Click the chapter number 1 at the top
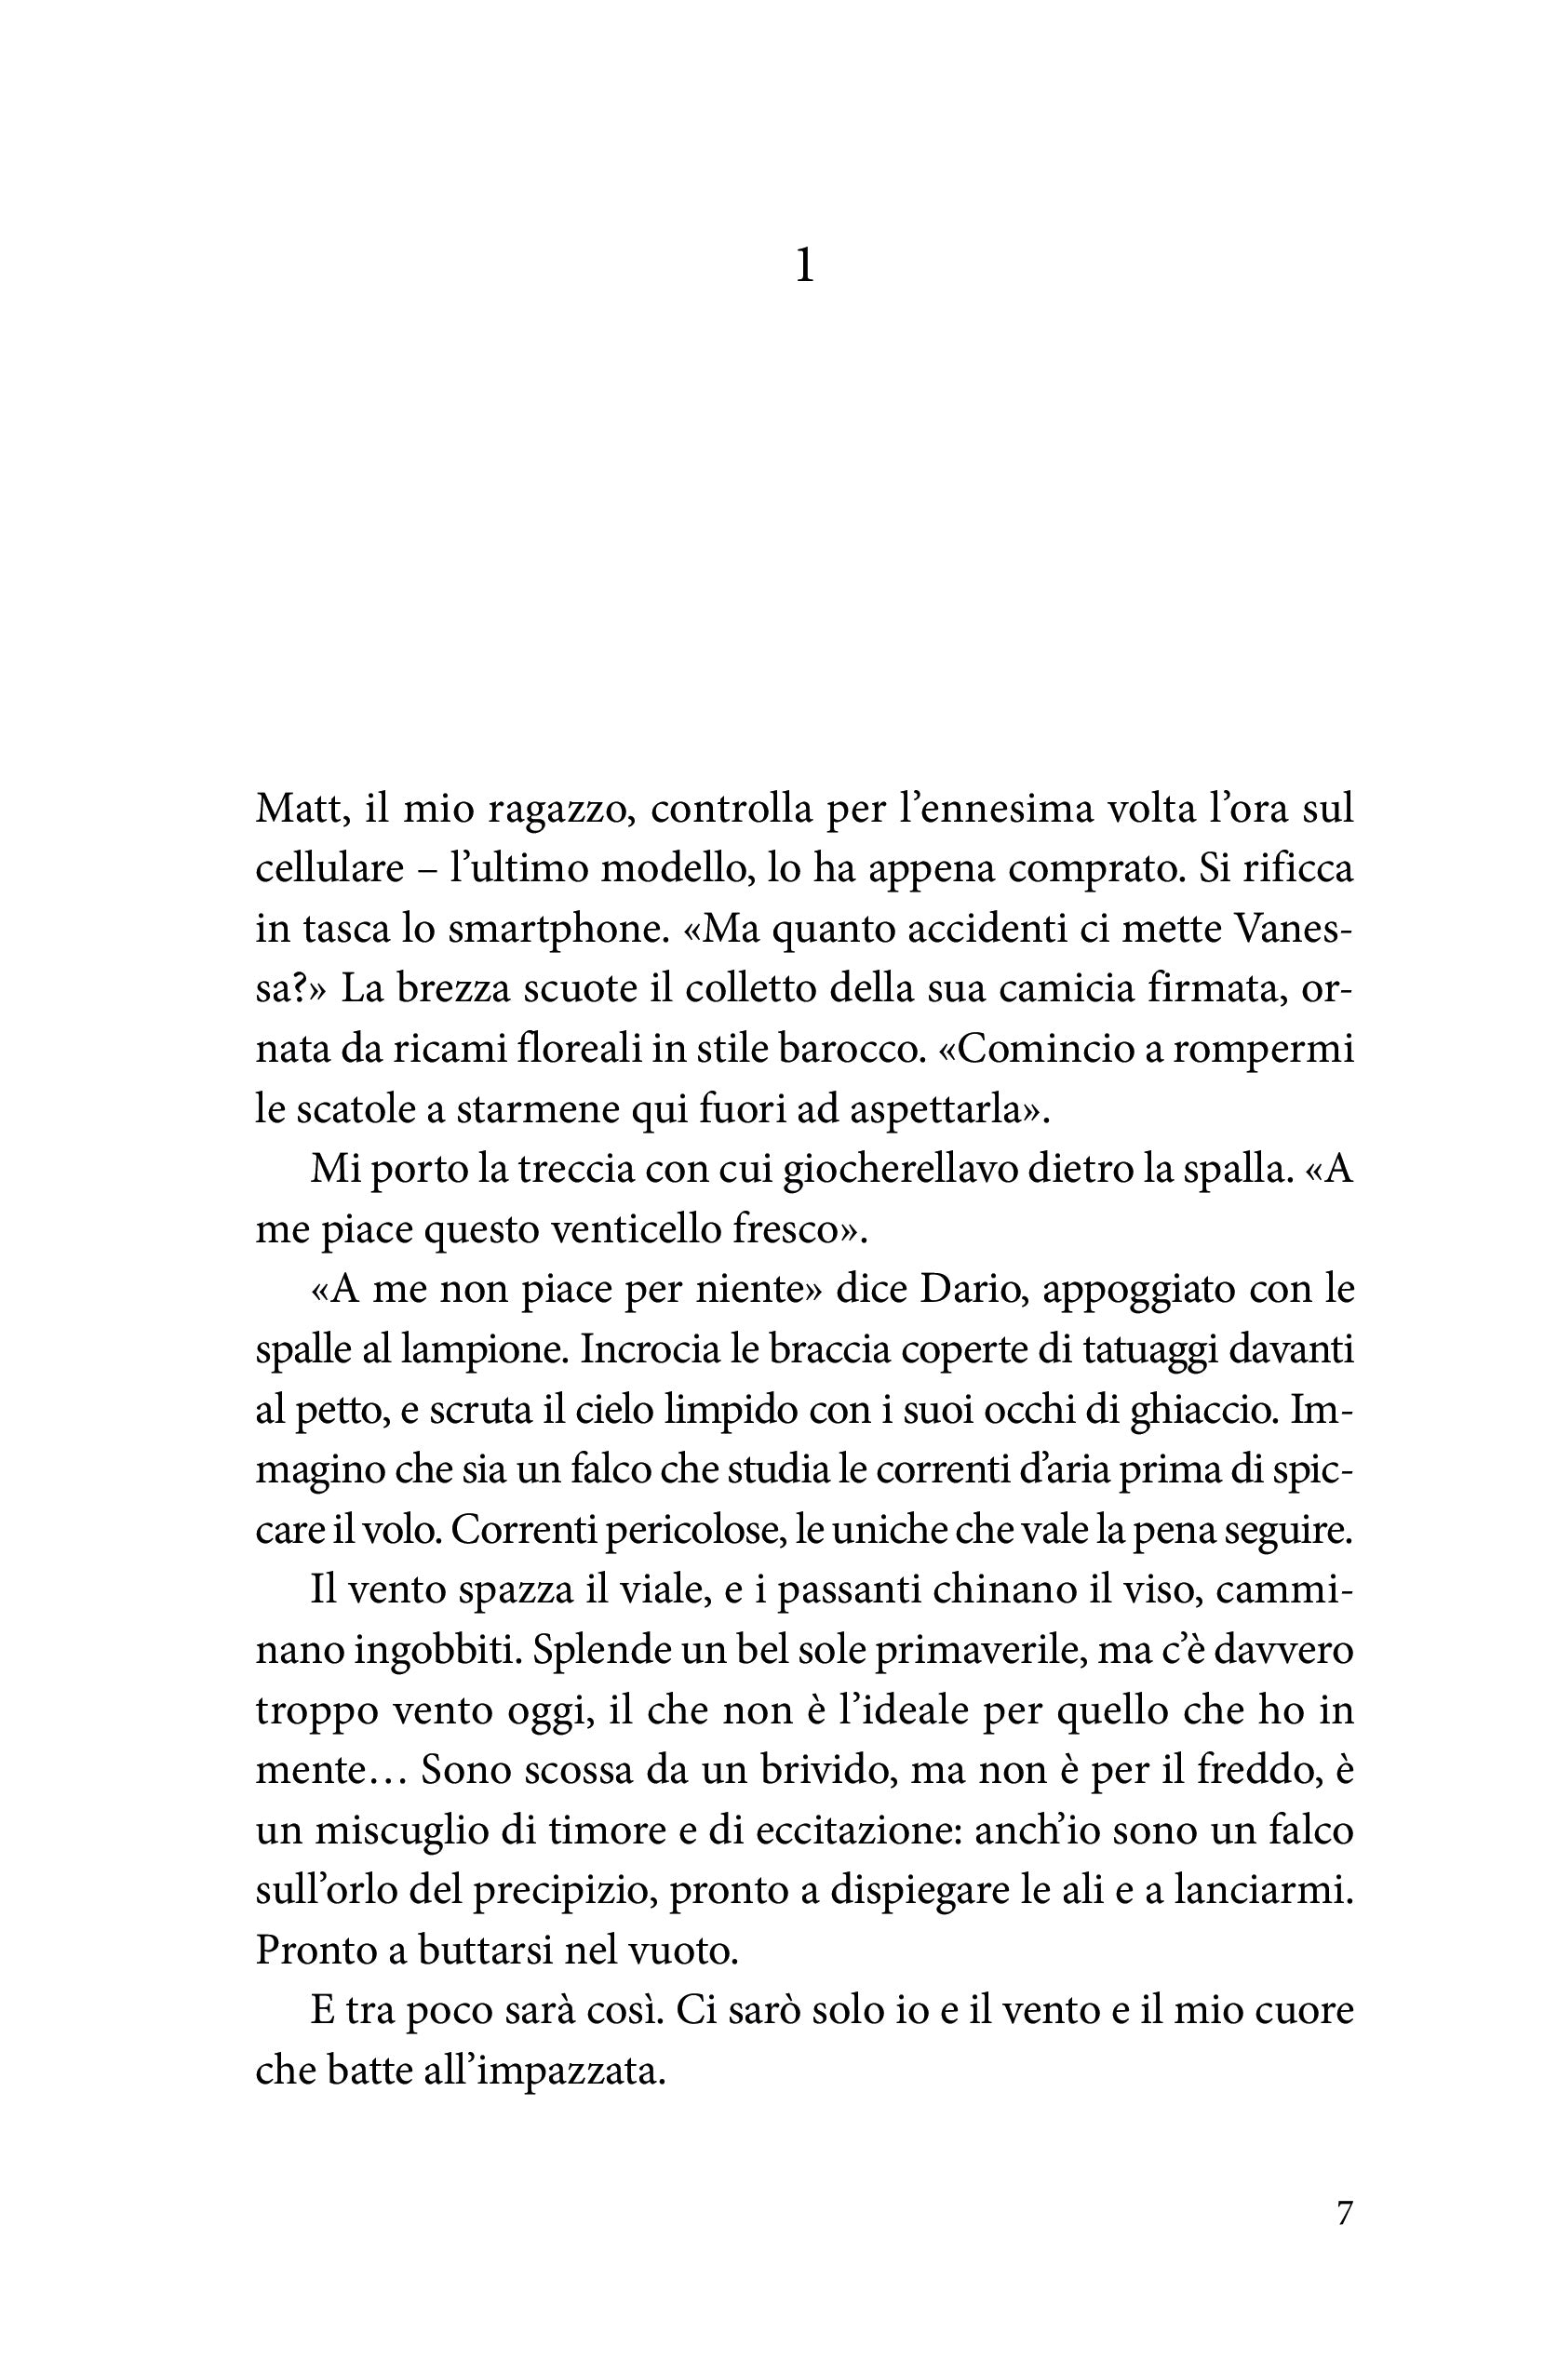tap(804, 267)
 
